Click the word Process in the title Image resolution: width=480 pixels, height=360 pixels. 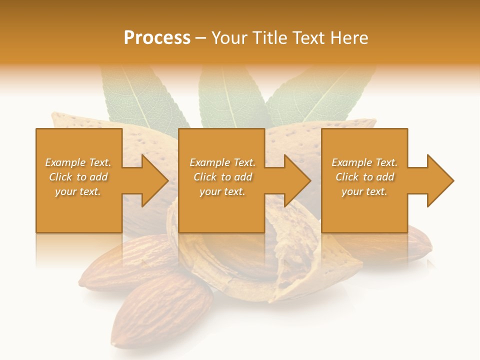(x=157, y=38)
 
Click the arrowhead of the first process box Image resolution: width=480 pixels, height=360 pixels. (x=153, y=180)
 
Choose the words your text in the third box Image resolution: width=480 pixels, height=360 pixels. (x=364, y=191)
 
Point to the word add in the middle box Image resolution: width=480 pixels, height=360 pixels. (x=243, y=177)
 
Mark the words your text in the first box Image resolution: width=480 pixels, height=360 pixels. (x=78, y=191)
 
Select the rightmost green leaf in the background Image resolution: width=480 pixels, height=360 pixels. (x=320, y=95)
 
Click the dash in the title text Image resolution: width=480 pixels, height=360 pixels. (x=200, y=38)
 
